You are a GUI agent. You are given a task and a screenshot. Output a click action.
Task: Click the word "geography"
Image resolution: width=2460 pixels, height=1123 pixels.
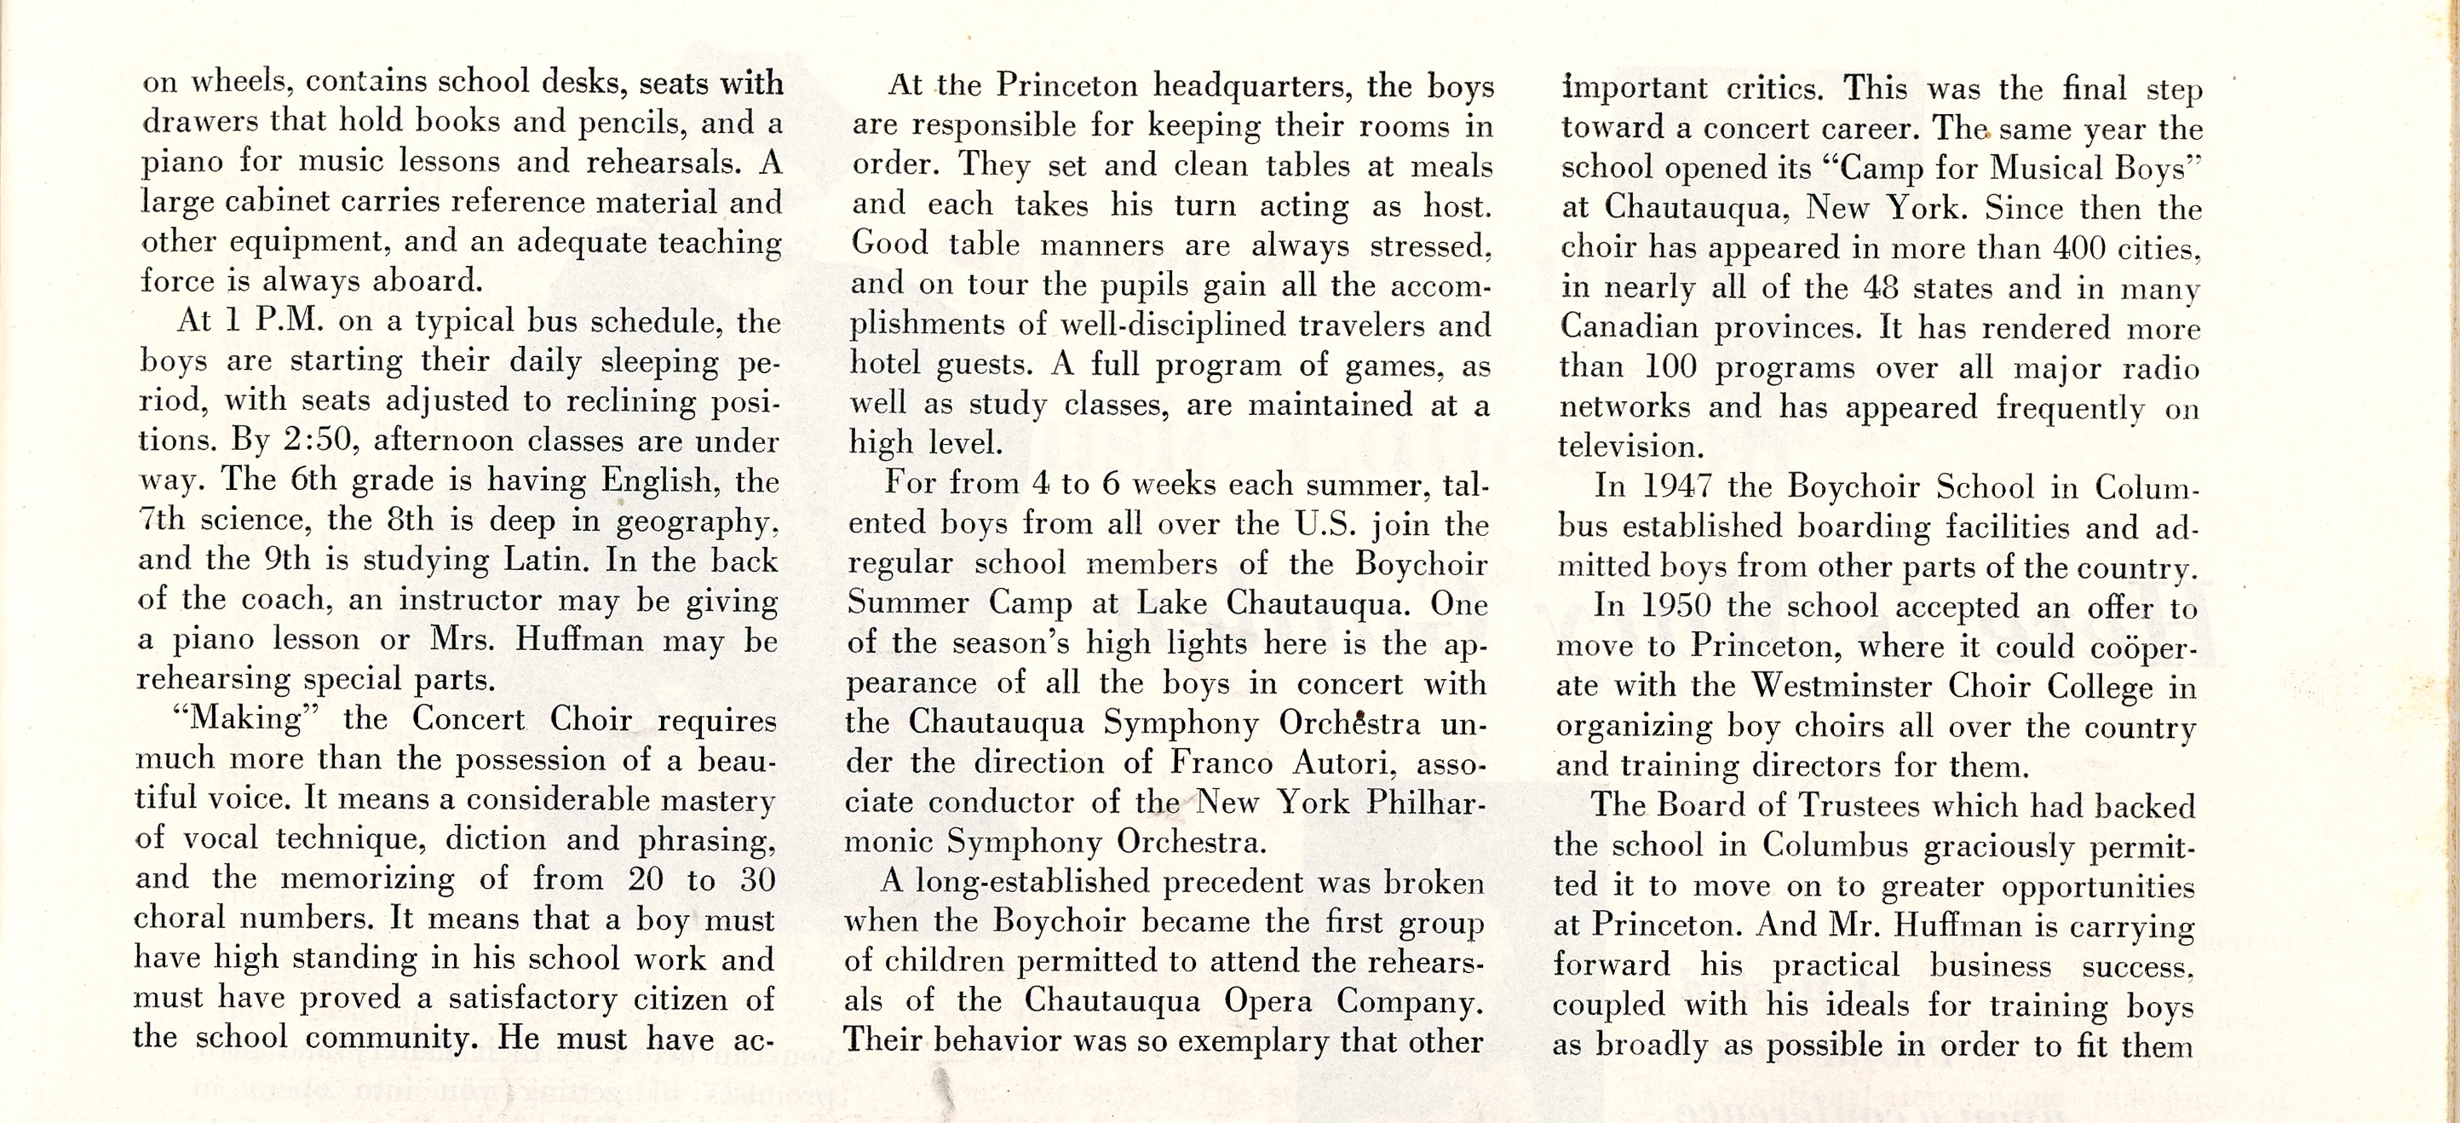(x=694, y=521)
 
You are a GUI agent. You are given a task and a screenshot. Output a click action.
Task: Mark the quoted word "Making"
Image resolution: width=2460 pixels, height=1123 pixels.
(x=247, y=718)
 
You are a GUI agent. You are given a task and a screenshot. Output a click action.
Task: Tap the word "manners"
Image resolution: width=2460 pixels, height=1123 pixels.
(x=1102, y=245)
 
